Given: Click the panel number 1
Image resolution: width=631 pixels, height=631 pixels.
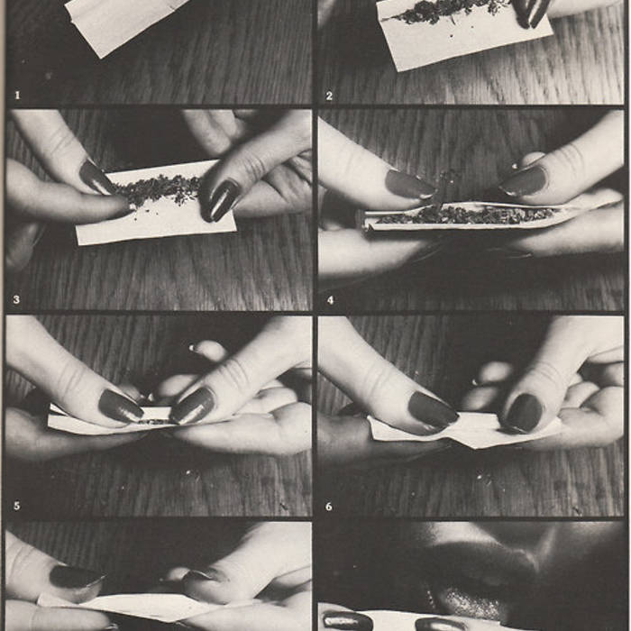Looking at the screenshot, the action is pyautogui.click(x=17, y=96).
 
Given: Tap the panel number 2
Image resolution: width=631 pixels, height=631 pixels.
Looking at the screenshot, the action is pyautogui.click(x=330, y=96).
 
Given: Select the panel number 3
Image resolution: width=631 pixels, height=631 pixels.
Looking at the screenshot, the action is pyautogui.click(x=16, y=299).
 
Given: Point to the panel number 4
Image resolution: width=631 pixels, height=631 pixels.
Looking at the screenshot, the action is pyautogui.click(x=331, y=300).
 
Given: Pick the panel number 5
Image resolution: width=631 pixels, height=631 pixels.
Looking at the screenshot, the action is pyautogui.click(x=16, y=506).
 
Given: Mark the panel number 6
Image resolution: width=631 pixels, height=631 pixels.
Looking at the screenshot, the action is pyautogui.click(x=329, y=507).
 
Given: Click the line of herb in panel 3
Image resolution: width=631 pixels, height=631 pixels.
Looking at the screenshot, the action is pyautogui.click(x=158, y=188).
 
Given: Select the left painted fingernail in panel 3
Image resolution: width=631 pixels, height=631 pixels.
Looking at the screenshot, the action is pyautogui.click(x=96, y=178).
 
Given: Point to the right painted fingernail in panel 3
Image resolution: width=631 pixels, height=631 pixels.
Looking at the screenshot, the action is pyautogui.click(x=221, y=200).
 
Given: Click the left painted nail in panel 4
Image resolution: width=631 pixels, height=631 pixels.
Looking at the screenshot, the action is pyautogui.click(x=409, y=184).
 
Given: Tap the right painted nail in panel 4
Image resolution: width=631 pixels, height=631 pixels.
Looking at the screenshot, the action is pyautogui.click(x=524, y=180).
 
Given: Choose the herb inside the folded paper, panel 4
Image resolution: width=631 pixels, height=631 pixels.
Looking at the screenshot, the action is pyautogui.click(x=462, y=215).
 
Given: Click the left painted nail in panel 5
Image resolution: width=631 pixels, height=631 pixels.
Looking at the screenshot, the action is pyautogui.click(x=121, y=406).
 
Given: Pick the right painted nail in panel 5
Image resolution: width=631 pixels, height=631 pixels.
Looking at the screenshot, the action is pyautogui.click(x=192, y=406).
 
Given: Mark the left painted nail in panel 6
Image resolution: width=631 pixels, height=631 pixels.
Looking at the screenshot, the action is pyautogui.click(x=433, y=410).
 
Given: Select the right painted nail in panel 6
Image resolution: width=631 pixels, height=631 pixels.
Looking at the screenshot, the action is pyautogui.click(x=524, y=413).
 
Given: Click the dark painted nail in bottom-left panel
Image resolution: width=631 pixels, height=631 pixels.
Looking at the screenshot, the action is pyautogui.click(x=76, y=579).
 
